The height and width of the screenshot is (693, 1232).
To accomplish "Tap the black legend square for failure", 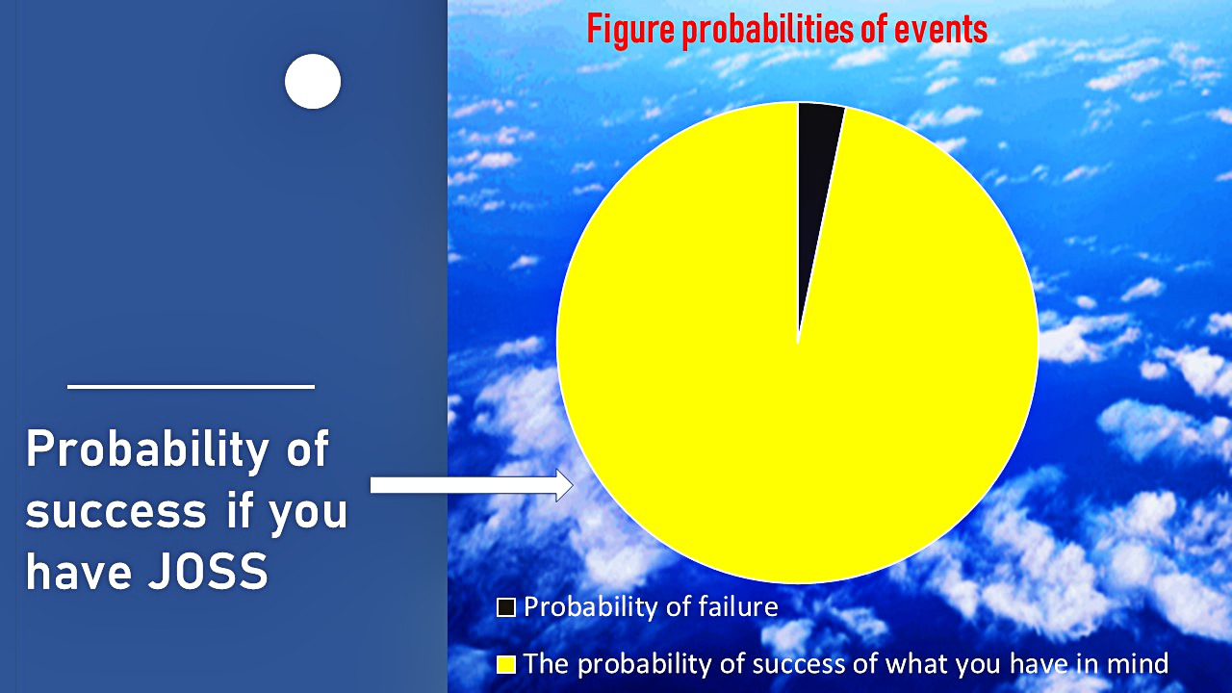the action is (506, 607).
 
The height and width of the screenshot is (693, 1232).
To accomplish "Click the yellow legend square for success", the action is (506, 664).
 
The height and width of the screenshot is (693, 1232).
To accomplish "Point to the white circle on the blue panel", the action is (313, 82).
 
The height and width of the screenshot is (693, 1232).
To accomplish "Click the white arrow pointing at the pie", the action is (472, 485).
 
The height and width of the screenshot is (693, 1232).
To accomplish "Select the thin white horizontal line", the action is (191, 387).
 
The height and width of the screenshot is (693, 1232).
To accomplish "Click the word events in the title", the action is (940, 30).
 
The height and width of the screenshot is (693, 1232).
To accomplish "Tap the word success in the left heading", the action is (116, 511).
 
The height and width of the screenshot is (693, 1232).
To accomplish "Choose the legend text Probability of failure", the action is (651, 607).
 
